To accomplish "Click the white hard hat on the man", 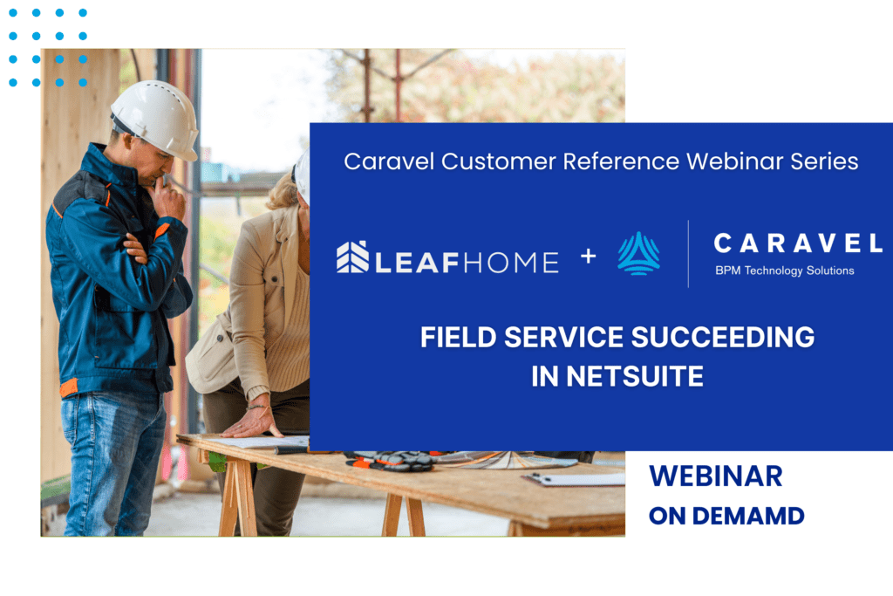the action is click(x=155, y=119).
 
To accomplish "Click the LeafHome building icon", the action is click(x=352, y=257).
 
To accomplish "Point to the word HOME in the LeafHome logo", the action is click(x=511, y=262).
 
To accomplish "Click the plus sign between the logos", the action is click(x=589, y=257).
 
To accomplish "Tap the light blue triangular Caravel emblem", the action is click(x=639, y=254).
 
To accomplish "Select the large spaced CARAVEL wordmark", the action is click(x=798, y=243).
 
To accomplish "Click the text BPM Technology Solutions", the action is click(x=785, y=271).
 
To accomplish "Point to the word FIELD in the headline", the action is click(x=459, y=338).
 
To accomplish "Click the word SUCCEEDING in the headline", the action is click(x=723, y=338).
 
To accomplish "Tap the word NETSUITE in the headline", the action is click(x=635, y=376).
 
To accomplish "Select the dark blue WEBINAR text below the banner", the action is click(x=716, y=476).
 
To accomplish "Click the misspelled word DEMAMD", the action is click(x=748, y=517).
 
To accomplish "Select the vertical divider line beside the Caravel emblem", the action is click(x=688, y=254).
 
